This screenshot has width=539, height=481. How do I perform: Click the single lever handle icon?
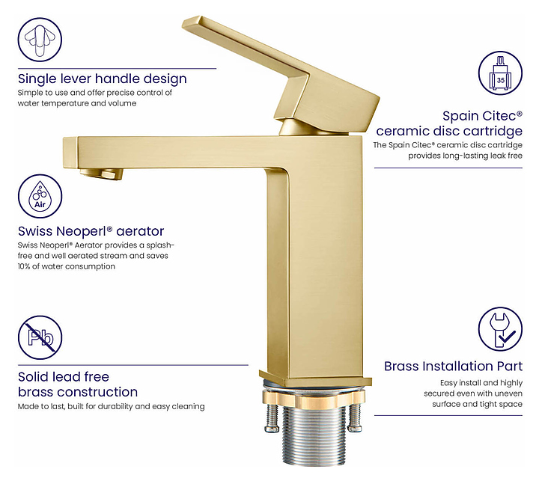[x=40, y=40]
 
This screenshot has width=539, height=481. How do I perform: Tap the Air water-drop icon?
[x=40, y=196]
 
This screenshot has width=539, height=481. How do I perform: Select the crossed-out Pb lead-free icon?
[x=40, y=337]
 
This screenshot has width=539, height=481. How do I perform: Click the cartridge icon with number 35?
[x=500, y=73]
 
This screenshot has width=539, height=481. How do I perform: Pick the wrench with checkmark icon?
[x=500, y=329]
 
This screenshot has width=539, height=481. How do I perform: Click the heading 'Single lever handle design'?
[x=102, y=79]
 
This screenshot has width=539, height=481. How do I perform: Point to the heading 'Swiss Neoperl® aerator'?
[x=91, y=231]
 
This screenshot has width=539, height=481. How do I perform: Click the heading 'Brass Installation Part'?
[x=453, y=367]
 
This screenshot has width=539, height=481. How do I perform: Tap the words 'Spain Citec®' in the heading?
[x=482, y=116]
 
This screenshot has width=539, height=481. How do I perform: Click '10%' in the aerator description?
[x=24, y=266]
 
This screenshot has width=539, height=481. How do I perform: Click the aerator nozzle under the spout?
[x=101, y=174]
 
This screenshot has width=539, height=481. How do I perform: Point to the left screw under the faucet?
[x=272, y=417]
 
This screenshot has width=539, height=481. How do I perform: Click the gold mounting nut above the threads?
[x=313, y=399]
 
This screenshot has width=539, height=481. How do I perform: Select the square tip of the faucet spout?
[x=70, y=153]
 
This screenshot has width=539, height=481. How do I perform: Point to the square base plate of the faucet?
[x=316, y=379]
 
